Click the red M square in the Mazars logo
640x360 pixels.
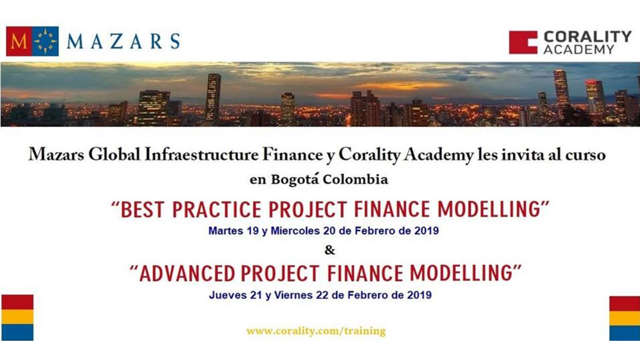click(19, 42)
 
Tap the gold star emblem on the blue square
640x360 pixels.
click(45, 42)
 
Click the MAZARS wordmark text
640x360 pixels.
click(123, 42)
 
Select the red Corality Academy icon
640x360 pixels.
click(523, 42)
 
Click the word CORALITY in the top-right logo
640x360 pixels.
click(587, 37)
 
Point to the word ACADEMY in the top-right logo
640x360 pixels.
click(579, 50)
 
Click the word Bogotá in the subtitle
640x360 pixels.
click(295, 180)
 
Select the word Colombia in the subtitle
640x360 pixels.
click(355, 180)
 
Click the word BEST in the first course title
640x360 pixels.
click(142, 210)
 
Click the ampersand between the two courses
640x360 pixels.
click(330, 251)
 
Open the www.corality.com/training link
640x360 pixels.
click(316, 331)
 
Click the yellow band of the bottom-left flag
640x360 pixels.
click(18, 317)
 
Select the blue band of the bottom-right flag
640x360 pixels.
click(625, 333)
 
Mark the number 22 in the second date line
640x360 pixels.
click(322, 295)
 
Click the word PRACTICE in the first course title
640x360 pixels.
click(217, 210)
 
